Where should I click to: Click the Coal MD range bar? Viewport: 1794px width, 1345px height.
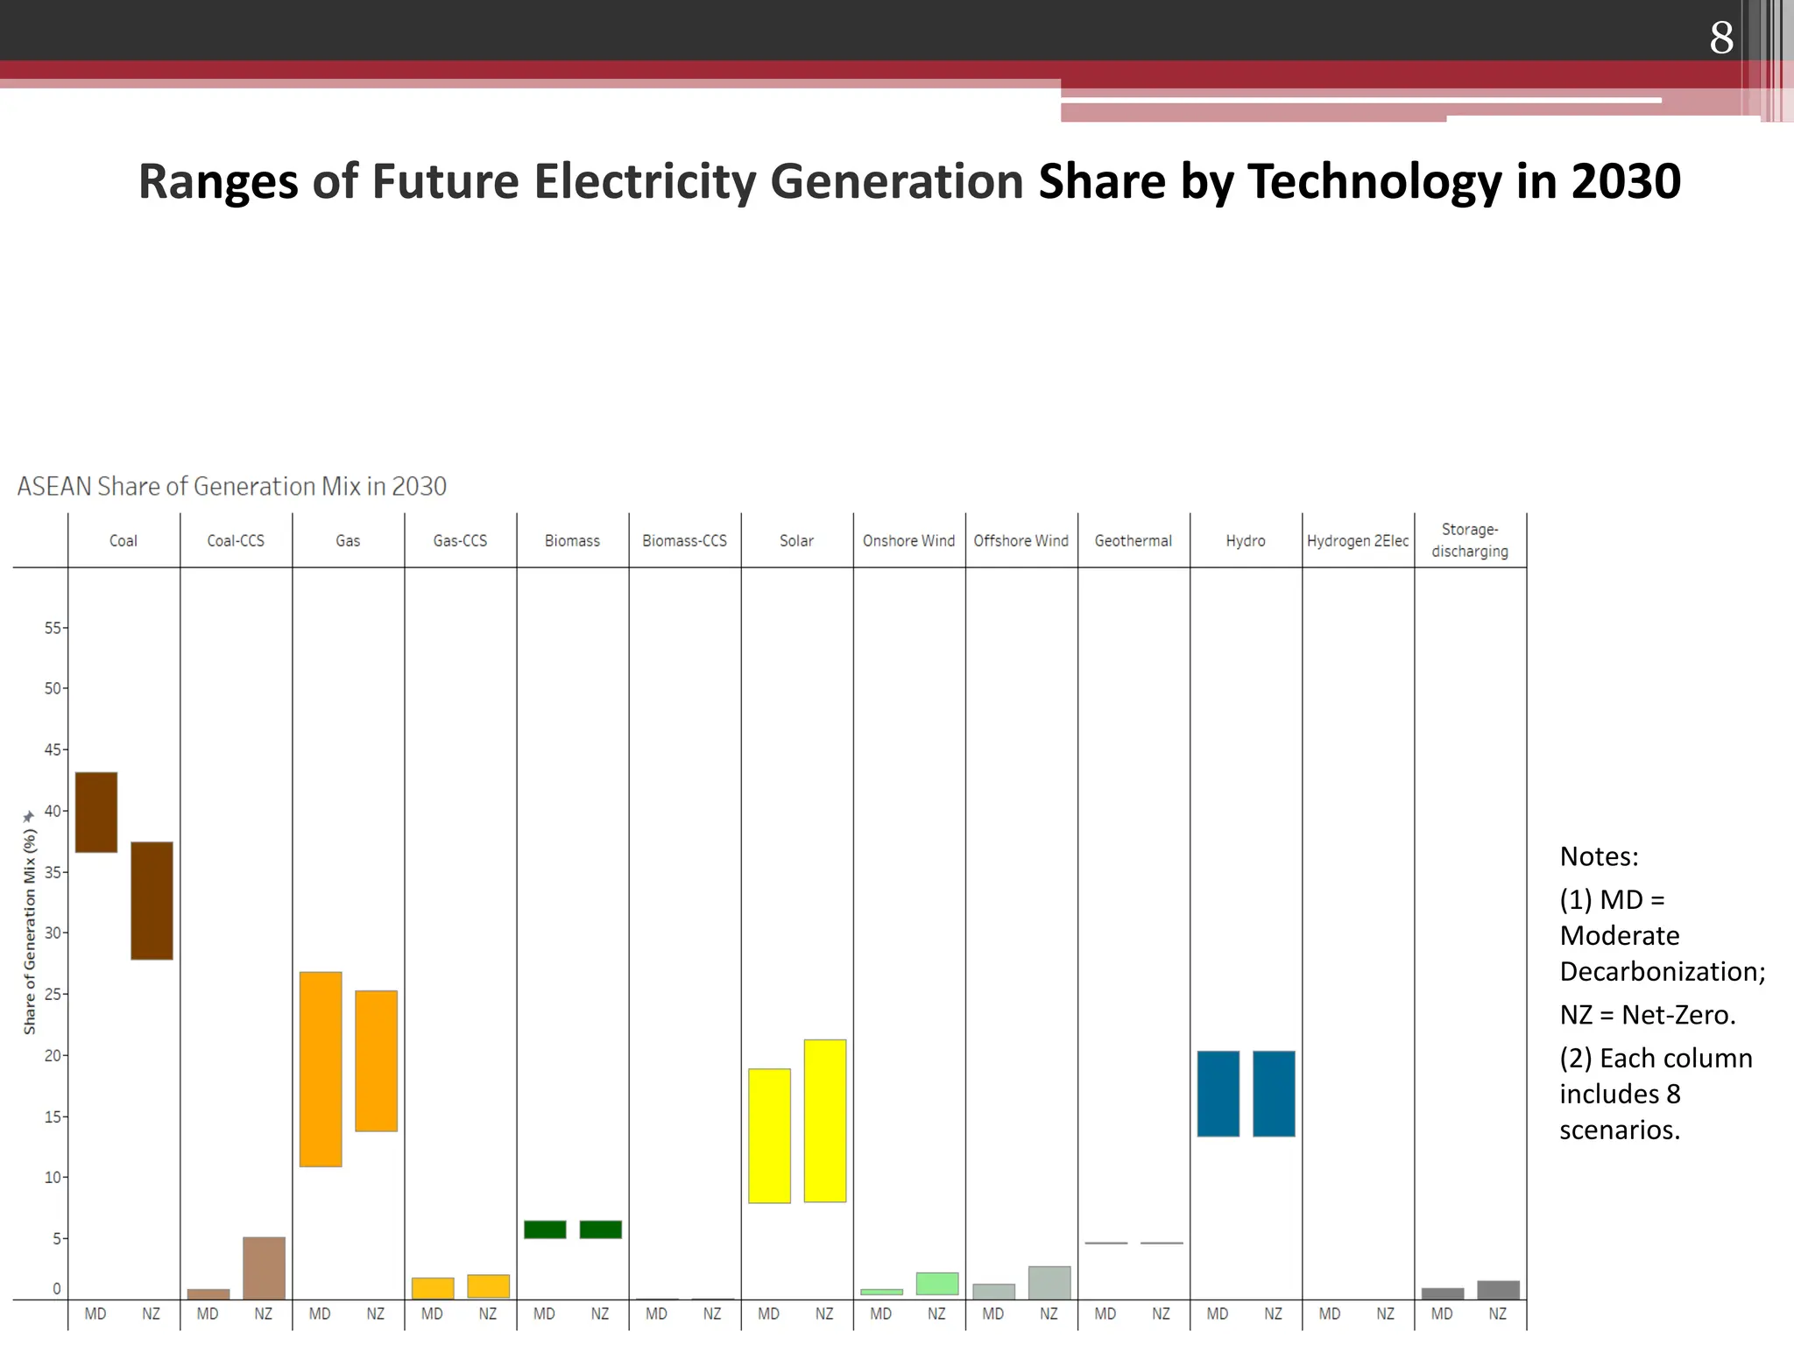(x=96, y=812)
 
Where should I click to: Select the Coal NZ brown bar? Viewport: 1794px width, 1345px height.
(x=152, y=900)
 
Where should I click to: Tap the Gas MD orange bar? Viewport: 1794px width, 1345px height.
(x=321, y=1068)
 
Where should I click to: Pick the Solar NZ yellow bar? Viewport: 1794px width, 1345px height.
(x=825, y=1120)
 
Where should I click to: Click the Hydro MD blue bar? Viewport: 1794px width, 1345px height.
(x=1218, y=1093)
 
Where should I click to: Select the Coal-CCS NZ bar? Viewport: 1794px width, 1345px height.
(x=264, y=1267)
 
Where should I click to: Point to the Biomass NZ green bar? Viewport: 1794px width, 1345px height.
(x=600, y=1229)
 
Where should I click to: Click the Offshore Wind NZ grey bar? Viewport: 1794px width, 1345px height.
(x=1049, y=1282)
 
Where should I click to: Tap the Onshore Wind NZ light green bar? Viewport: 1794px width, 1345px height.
(x=936, y=1283)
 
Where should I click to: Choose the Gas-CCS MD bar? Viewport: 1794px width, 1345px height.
(x=433, y=1287)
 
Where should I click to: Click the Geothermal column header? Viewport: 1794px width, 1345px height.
(x=1133, y=540)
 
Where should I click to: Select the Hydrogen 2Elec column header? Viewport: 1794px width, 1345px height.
(x=1357, y=540)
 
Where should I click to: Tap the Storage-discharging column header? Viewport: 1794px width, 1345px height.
(x=1469, y=540)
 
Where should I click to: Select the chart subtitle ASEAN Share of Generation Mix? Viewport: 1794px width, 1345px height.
(x=231, y=486)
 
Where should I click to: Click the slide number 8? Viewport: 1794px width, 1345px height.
(x=1720, y=38)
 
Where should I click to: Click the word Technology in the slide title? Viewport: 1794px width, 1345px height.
(x=1374, y=181)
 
